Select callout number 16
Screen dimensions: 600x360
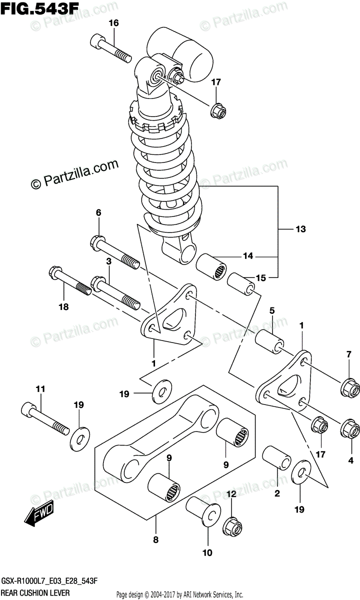(113, 23)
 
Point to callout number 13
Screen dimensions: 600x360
(300, 229)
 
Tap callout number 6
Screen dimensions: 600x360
(98, 213)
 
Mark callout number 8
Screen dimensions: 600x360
(155, 540)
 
